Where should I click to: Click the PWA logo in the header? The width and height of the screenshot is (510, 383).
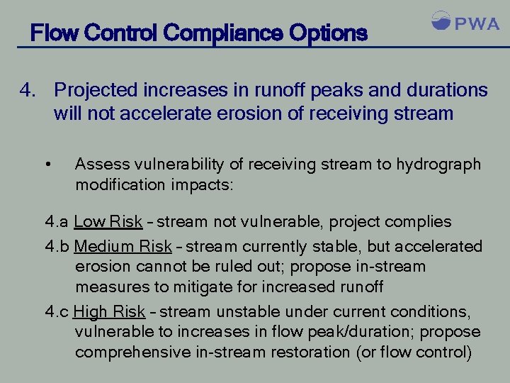(465, 23)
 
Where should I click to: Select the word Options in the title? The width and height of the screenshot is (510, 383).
(331, 33)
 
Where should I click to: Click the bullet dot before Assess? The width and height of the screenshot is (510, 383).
(47, 165)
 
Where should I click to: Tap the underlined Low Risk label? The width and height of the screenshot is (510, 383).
(108, 222)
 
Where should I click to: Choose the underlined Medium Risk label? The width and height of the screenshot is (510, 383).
(123, 246)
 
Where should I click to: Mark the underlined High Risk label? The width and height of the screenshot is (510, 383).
(109, 311)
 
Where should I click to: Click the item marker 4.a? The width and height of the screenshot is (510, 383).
(57, 222)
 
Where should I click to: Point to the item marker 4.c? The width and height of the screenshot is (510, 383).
(57, 311)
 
